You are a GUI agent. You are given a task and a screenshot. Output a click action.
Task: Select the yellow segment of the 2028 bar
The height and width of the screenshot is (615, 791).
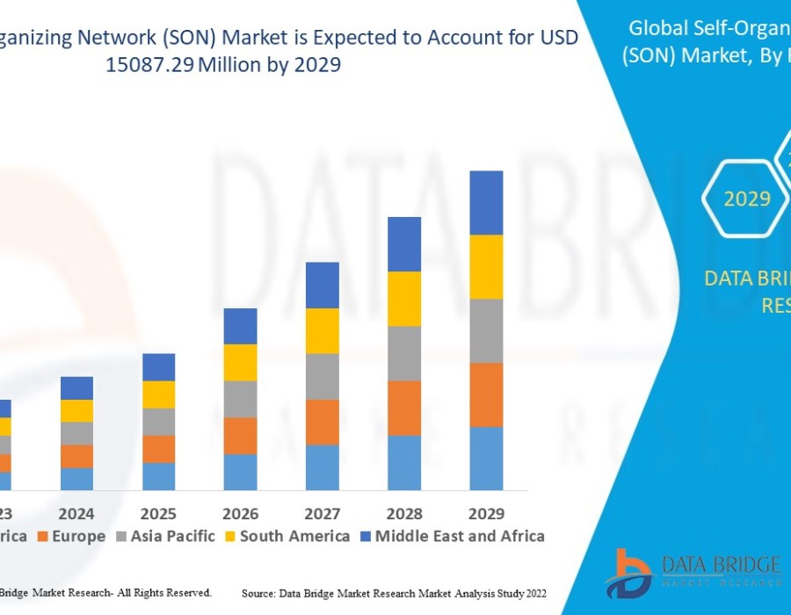[404, 299]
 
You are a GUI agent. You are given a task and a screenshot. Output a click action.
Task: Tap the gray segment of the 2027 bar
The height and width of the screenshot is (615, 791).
[323, 377]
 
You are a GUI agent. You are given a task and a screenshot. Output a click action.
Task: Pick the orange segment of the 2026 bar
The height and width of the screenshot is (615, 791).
[240, 436]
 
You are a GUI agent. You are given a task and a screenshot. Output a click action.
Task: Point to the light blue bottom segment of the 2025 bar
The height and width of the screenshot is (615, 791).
[158, 476]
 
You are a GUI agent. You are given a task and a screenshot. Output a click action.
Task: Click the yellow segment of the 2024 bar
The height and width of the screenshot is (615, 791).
[76, 410]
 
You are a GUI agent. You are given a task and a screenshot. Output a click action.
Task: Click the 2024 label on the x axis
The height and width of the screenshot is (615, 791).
[76, 513]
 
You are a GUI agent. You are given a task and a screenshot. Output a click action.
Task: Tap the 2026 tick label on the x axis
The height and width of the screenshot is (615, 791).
[240, 513]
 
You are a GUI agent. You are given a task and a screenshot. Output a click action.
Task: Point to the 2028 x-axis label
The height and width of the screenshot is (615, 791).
[404, 513]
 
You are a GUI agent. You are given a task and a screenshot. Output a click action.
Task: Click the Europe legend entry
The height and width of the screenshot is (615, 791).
[76, 536]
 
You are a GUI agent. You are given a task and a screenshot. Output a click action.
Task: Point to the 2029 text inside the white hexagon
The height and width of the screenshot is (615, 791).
[747, 199]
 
